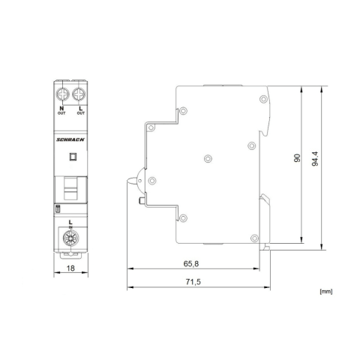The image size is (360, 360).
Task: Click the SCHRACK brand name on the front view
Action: pos(70,137)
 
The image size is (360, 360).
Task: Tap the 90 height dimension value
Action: pos(297,159)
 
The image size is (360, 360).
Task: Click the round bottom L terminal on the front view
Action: pos(70,238)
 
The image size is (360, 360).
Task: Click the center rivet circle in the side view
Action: pos(208,158)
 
